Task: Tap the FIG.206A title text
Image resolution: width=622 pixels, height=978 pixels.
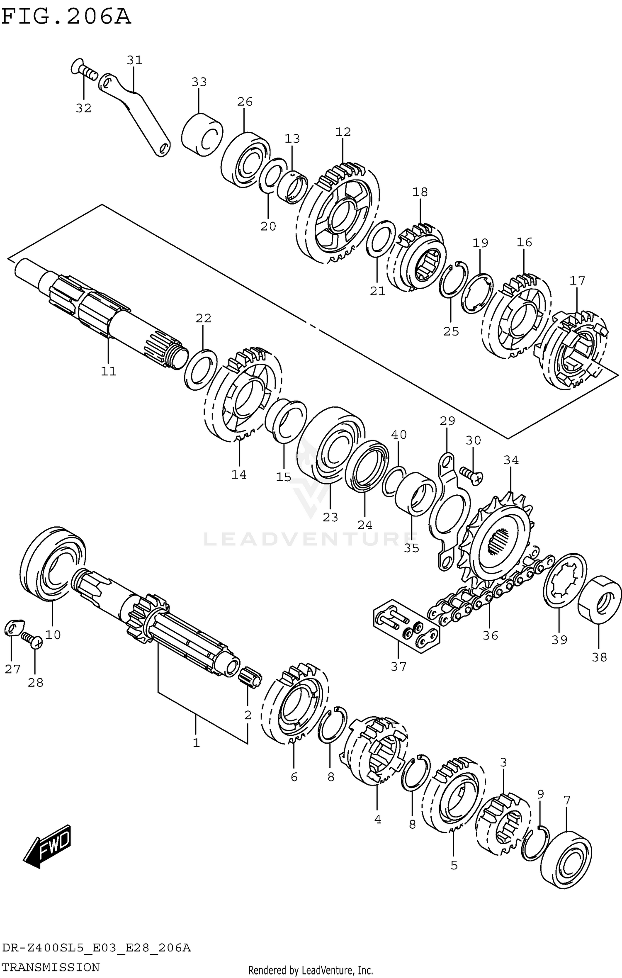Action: [x=66, y=17]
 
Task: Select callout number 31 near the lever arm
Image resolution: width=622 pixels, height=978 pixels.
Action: [x=134, y=61]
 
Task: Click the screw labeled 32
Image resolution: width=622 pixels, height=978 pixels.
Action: [x=85, y=72]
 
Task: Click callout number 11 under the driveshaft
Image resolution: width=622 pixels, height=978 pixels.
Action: [x=109, y=371]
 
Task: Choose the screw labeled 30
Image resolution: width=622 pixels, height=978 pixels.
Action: [x=471, y=474]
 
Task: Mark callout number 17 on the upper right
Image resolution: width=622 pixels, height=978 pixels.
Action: [x=577, y=281]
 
